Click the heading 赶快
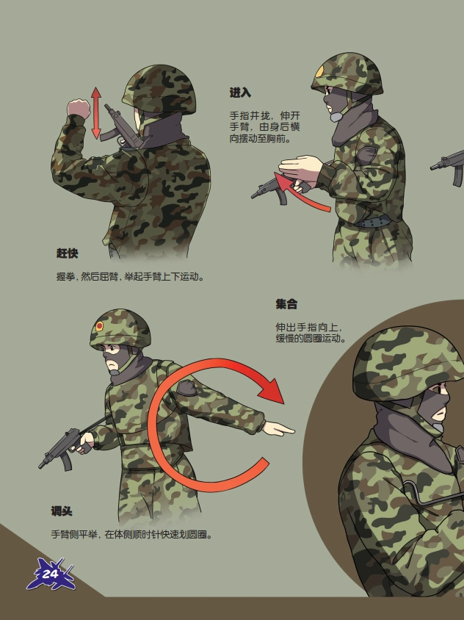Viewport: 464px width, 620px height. (67, 253)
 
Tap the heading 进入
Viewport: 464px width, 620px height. (240, 93)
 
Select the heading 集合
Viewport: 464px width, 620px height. (286, 304)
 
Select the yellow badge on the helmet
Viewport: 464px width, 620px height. (320, 72)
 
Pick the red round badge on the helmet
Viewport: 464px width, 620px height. (99, 326)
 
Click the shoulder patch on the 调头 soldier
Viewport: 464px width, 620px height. (188, 388)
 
